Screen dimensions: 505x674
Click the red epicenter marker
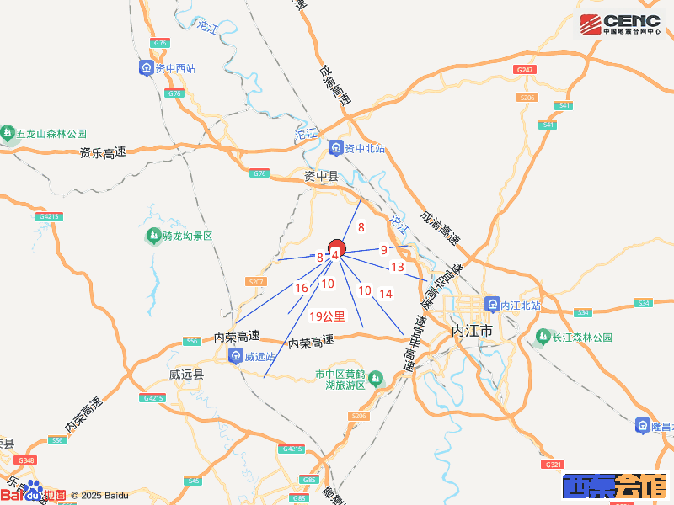335,249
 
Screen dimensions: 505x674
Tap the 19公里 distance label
328,316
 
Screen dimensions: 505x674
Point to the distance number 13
398,267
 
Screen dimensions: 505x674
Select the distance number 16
301,288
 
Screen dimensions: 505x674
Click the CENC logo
621,24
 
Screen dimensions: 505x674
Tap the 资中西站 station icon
147,68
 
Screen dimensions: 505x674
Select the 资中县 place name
320,176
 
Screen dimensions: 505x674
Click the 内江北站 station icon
492,305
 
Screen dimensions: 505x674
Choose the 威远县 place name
186,374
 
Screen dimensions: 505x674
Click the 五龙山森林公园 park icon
8,133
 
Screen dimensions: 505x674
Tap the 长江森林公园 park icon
543,337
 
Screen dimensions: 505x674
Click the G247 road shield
524,69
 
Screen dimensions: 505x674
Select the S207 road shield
257,281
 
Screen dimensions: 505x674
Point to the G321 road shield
554,465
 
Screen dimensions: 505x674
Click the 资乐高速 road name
103,153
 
